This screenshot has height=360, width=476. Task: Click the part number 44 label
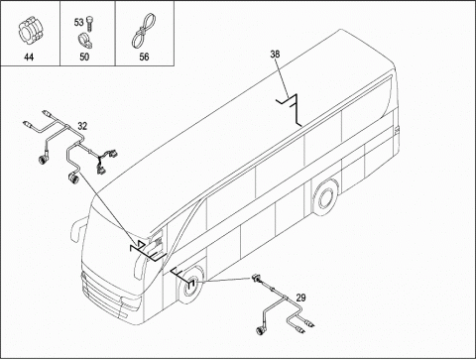click(x=29, y=57)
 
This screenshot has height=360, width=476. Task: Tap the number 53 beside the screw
click(x=78, y=23)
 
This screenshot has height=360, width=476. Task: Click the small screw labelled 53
click(x=89, y=24)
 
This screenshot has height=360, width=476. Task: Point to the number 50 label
click(x=84, y=57)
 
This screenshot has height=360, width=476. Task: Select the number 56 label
click(x=144, y=57)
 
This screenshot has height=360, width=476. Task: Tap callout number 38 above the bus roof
click(x=275, y=55)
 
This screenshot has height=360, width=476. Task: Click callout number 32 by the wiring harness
click(x=82, y=126)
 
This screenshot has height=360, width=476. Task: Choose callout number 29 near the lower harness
click(x=300, y=298)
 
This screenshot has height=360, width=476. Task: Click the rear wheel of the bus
click(x=325, y=197)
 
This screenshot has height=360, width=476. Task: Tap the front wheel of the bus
click(x=190, y=286)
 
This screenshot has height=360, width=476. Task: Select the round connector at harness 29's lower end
click(x=261, y=331)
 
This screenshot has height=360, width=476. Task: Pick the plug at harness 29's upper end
click(x=256, y=278)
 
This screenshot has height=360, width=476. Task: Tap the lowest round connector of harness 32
click(x=72, y=178)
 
